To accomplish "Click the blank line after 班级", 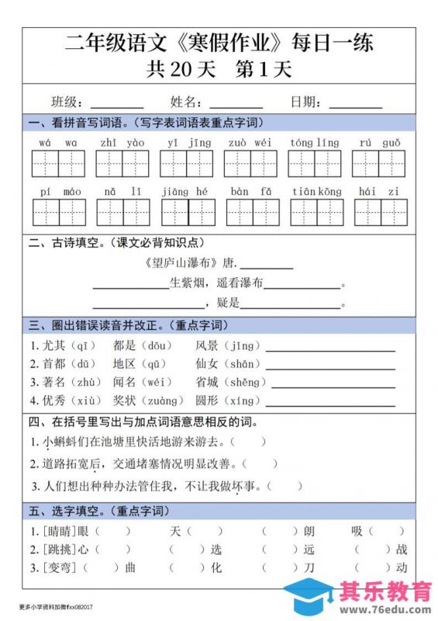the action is pos(117,105).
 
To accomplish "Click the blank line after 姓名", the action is pos(236,105).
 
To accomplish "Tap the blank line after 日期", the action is pos(356,105).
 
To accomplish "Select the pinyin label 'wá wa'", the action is pos(58,142).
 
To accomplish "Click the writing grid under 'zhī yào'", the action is pos(122,164).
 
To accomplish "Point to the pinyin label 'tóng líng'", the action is pos(315,142).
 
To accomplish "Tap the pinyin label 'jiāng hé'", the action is pos(186,191).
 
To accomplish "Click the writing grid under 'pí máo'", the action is pos(59,212).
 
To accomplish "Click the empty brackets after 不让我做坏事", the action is pos(288,487).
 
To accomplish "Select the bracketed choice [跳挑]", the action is pos(57,550).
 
